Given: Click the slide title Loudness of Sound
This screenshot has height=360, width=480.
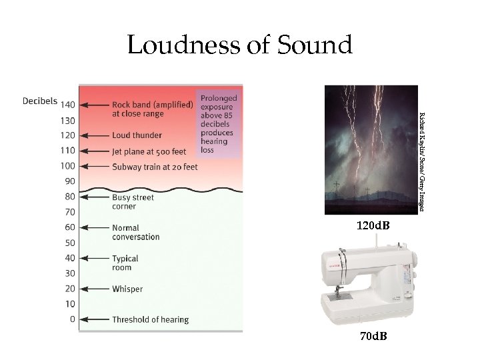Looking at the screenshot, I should point(239,45).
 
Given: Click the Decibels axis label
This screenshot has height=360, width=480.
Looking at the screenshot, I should point(40,101).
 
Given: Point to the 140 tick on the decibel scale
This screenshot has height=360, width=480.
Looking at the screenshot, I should point(67,105).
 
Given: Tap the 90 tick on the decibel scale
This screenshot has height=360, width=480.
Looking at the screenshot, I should point(69,181).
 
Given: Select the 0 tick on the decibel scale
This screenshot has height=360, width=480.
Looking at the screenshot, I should point(72,319).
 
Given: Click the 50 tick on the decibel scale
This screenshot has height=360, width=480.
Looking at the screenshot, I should point(69,243).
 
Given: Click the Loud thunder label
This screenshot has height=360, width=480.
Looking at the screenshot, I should point(137,135).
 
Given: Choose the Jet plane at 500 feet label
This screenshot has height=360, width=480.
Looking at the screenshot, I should point(149,151).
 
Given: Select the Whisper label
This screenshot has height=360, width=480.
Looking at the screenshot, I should point(127,289).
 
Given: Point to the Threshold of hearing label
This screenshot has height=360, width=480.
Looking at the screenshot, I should point(150,319).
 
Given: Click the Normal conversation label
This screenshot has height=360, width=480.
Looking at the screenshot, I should point(135,232).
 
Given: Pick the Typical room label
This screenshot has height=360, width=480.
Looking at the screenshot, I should point(125,263).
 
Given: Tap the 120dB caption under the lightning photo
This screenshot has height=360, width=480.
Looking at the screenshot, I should point(372,227).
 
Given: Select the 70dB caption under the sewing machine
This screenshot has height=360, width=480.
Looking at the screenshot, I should point(372,336).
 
